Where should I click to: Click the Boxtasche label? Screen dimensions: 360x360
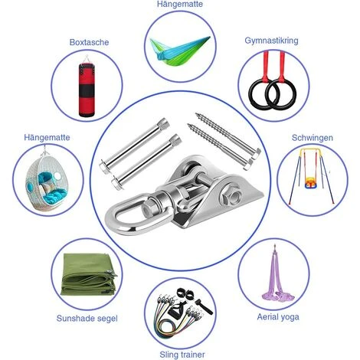point(89,42)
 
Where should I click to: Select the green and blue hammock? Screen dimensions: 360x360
point(180,51)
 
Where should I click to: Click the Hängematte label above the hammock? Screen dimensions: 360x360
point(180,4)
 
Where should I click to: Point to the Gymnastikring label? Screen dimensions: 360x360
point(271,41)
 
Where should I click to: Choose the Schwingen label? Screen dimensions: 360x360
point(313,138)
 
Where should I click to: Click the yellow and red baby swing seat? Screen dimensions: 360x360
point(310,183)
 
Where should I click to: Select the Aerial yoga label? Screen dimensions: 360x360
point(278,317)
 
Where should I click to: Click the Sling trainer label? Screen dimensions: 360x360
point(182,355)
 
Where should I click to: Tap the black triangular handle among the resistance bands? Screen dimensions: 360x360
point(176,311)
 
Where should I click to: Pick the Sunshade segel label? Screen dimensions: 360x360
point(87,319)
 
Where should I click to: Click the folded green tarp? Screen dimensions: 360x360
point(89,275)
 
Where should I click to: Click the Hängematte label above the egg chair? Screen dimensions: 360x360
point(47,137)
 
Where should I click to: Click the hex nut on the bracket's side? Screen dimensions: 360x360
point(231,196)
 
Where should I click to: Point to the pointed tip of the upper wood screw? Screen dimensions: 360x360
point(196,114)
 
